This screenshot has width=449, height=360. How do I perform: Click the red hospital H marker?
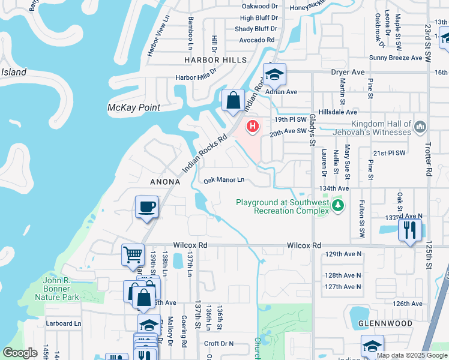(x=253, y=126)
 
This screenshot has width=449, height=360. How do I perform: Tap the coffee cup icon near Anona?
(x=146, y=208)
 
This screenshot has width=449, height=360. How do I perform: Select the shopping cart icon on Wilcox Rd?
(x=133, y=254)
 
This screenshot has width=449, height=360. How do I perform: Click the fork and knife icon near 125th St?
(x=410, y=230)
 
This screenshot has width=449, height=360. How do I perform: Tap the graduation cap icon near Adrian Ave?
(x=275, y=75)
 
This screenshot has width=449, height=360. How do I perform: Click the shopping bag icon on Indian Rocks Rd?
(x=233, y=100)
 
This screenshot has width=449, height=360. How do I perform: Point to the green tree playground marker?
(x=339, y=206)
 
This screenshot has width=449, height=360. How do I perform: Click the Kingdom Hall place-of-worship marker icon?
(x=420, y=126)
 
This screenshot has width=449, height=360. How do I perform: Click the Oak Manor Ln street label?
(x=224, y=179)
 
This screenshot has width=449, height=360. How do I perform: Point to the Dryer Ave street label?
(x=348, y=72)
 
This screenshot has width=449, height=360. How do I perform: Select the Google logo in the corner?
(x=20, y=352)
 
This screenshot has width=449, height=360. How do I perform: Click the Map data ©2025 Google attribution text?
(x=411, y=355)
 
